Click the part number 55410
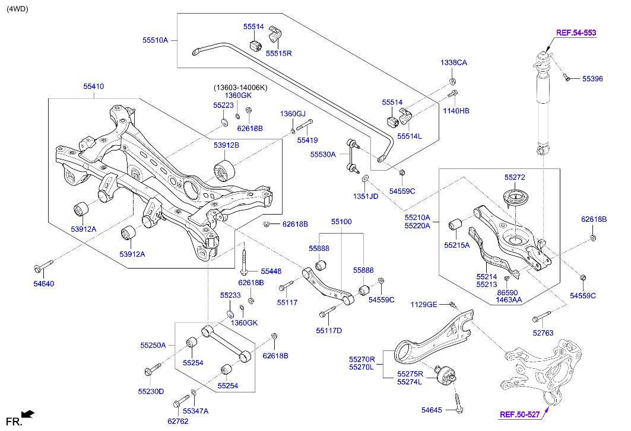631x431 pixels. pyautogui.click(x=93, y=87)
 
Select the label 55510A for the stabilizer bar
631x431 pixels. pyautogui.click(x=155, y=40)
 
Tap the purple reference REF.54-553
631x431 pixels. pyautogui.click(x=575, y=33)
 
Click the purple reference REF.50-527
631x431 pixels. pyautogui.click(x=519, y=414)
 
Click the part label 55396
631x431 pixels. pyautogui.click(x=592, y=78)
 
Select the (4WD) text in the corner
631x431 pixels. pyautogui.click(x=17, y=9)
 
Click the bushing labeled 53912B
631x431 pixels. pyautogui.click(x=224, y=171)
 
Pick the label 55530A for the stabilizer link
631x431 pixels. pyautogui.click(x=323, y=154)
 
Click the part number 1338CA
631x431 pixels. pyautogui.click(x=454, y=63)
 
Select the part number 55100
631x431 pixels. pyautogui.click(x=341, y=222)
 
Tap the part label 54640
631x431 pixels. pyautogui.click(x=43, y=284)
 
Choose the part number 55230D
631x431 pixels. pyautogui.click(x=151, y=391)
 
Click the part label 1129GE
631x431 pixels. pyautogui.click(x=424, y=304)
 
